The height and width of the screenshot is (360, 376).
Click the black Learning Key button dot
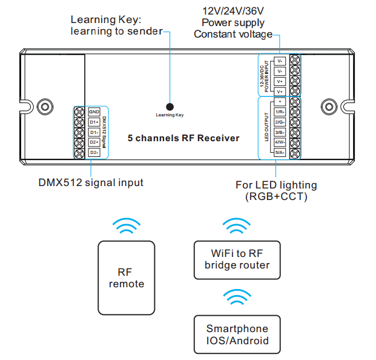pyautogui.click(x=170, y=105)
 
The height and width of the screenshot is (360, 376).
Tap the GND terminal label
pyautogui.click(x=94, y=112)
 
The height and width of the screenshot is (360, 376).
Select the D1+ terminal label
pyautogui.click(x=94, y=122)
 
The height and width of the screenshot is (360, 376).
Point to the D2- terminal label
pyautogui.click(x=94, y=152)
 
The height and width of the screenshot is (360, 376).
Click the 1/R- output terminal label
pyautogui.click(x=280, y=112)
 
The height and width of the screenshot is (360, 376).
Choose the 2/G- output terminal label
pyautogui.click(x=280, y=122)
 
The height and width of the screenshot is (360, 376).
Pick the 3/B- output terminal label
pyautogui.click(x=280, y=132)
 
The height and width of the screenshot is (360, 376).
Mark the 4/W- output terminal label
pyautogui.click(x=280, y=142)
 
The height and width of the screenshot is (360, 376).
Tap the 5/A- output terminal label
pyautogui.click(x=280, y=153)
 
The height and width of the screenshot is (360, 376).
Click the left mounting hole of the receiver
pyautogui.click(x=43, y=106)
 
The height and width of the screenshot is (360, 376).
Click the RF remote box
pyautogui.click(x=127, y=278)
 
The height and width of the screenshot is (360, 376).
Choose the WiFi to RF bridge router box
pyautogui.click(x=237, y=259)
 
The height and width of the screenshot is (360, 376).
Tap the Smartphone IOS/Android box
pyautogui.click(x=237, y=334)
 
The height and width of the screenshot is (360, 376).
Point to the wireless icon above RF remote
pyautogui.click(x=127, y=227)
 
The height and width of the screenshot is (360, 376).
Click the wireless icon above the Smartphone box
pyautogui.click(x=237, y=298)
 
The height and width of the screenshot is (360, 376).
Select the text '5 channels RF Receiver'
pyautogui.click(x=183, y=138)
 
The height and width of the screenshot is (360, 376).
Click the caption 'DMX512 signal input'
pyautogui.click(x=91, y=182)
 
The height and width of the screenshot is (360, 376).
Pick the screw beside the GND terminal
pyautogui.click(x=79, y=112)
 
